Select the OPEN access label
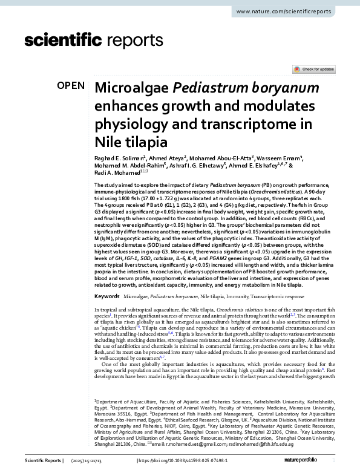tap(71, 85)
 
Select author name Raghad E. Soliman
tap(119, 158)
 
